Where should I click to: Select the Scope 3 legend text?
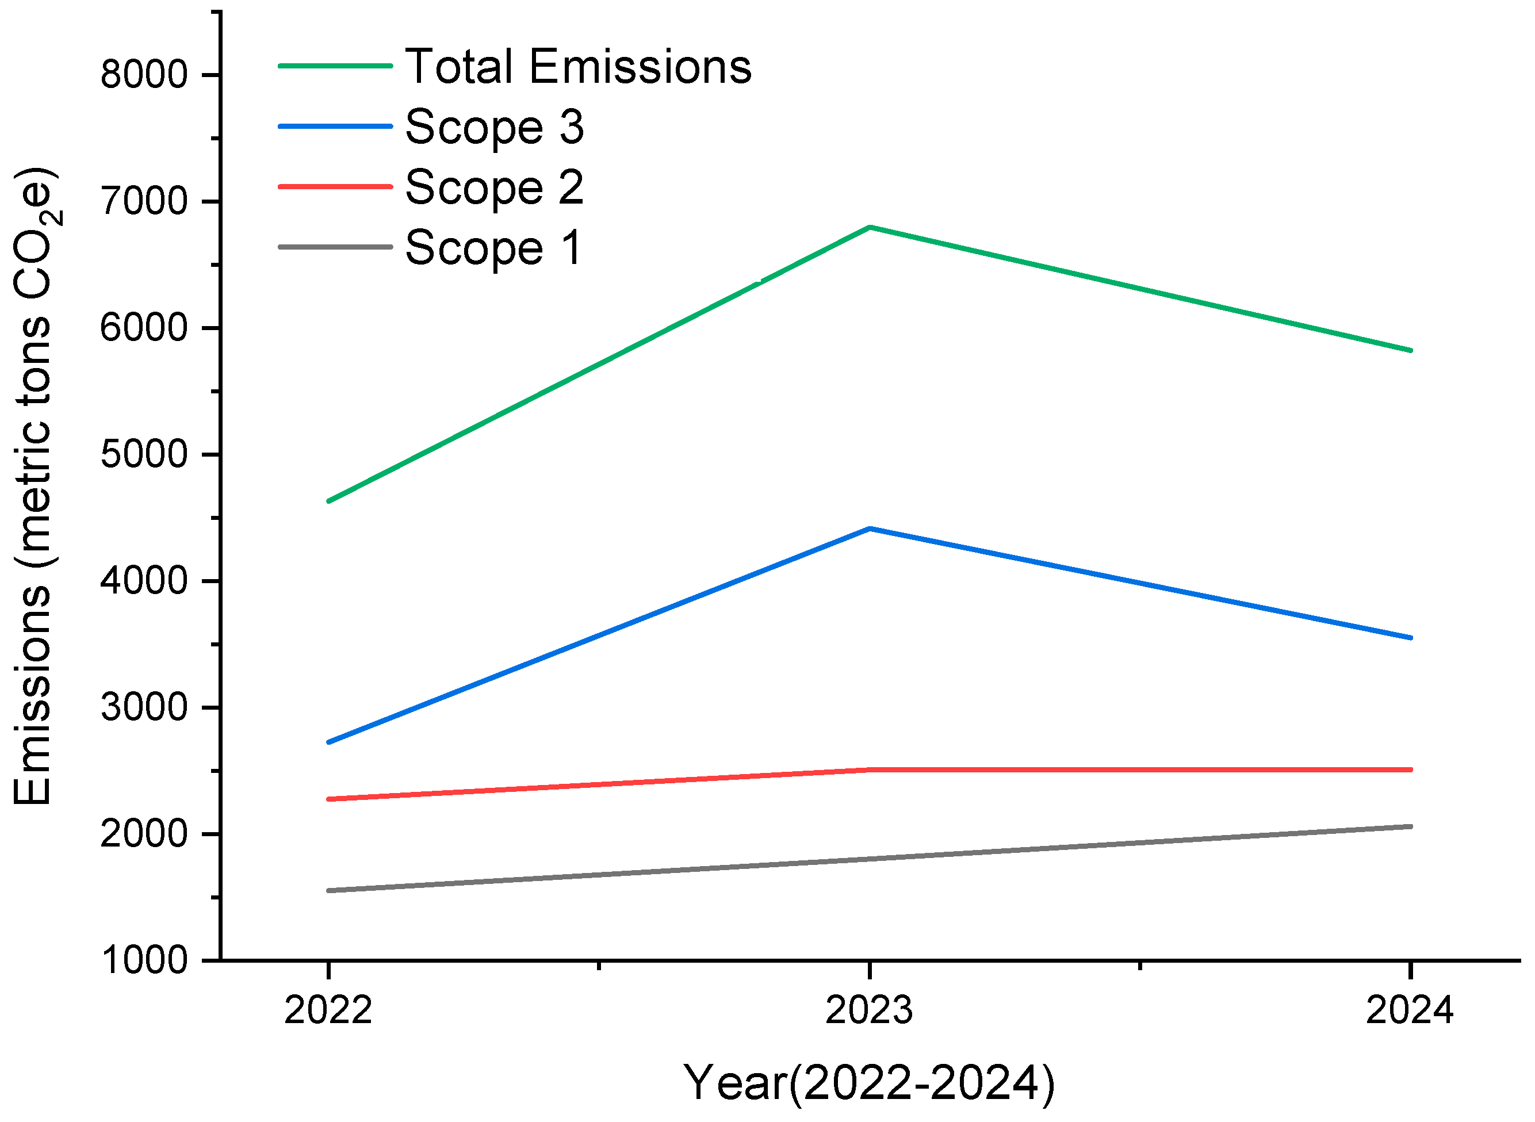(x=494, y=127)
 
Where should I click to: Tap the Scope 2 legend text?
(x=494, y=187)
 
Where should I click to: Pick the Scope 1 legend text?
(x=494, y=248)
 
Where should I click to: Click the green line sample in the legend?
(x=335, y=66)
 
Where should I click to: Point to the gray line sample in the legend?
(x=335, y=247)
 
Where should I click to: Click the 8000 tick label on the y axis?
(x=144, y=74)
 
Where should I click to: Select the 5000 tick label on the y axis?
(x=144, y=454)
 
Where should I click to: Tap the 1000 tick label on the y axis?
(x=144, y=961)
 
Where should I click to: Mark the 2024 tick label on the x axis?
(x=1410, y=1010)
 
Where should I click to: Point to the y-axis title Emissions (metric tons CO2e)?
(x=34, y=485)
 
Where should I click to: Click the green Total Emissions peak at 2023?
(x=870, y=228)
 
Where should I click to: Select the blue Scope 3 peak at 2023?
(x=870, y=529)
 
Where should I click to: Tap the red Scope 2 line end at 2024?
(x=1410, y=770)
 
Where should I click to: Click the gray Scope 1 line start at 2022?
(x=330, y=890)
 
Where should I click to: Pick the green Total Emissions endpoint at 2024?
(x=1410, y=350)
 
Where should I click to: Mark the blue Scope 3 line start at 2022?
(x=330, y=742)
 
